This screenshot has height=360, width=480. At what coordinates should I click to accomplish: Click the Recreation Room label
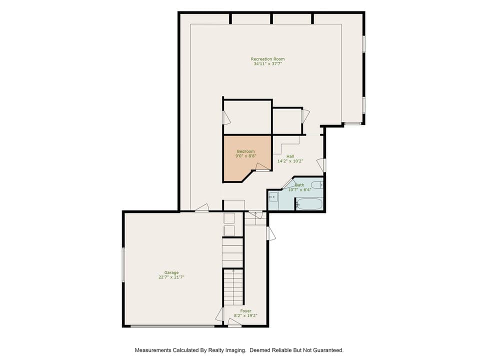tap(267, 59)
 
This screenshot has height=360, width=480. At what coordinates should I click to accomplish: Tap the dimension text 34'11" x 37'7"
tap(267, 64)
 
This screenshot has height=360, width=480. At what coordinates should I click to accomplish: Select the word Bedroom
tap(245, 151)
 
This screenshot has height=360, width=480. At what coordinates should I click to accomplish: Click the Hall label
tap(290, 156)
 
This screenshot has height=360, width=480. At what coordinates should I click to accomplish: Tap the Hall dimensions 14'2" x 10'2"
tap(290, 161)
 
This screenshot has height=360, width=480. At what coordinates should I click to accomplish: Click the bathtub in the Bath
tap(309, 203)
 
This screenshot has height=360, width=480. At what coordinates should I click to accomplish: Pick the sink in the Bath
tap(273, 196)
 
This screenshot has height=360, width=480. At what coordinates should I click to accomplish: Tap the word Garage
tap(171, 272)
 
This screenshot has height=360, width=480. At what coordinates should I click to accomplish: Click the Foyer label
tap(245, 311)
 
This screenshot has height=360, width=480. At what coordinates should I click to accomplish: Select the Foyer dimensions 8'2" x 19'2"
tap(245, 315)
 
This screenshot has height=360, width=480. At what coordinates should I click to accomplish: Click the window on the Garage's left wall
tap(123, 264)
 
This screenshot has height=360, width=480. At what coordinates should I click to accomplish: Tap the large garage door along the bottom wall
tap(172, 326)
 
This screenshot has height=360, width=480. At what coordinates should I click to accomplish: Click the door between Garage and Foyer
tap(219, 314)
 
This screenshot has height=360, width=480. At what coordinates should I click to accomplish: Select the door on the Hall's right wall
tap(324, 164)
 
